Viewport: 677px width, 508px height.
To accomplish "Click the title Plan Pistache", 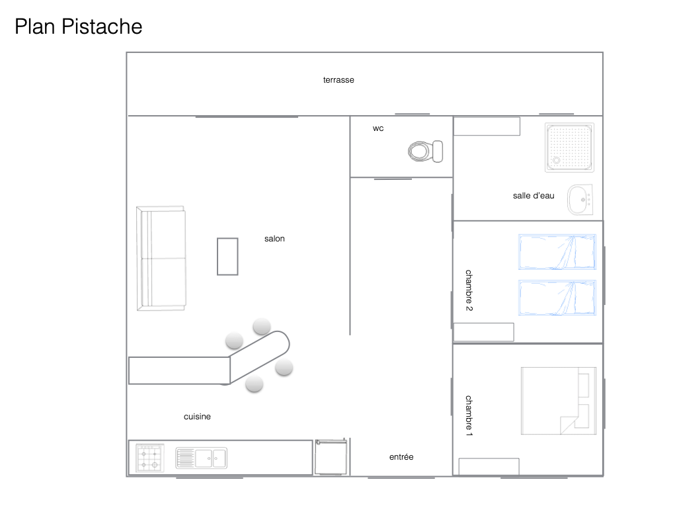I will [78, 26].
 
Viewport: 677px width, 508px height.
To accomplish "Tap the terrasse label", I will [338, 80].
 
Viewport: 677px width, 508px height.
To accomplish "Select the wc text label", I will [378, 128].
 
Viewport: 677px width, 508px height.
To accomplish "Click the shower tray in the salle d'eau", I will [569, 147].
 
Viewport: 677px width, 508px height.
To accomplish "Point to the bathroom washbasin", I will [580, 200].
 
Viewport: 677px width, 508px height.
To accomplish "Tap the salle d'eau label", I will [534, 195].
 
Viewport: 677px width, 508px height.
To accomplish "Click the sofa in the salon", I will [161, 258].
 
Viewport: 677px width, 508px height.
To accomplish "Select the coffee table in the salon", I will [227, 256].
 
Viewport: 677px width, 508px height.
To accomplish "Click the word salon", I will [274, 239].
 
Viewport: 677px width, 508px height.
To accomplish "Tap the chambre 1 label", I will [469, 415].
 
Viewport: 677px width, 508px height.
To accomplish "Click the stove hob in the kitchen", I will [150, 458].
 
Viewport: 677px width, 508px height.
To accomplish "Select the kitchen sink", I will [201, 458].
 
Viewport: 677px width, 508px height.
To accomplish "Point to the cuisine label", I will [197, 417].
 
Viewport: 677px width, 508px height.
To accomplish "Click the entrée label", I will [401, 456].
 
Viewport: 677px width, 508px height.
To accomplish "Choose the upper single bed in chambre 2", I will [557, 252].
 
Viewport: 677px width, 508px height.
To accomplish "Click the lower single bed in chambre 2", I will [557, 298].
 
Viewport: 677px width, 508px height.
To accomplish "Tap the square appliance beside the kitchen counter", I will [331, 457].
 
